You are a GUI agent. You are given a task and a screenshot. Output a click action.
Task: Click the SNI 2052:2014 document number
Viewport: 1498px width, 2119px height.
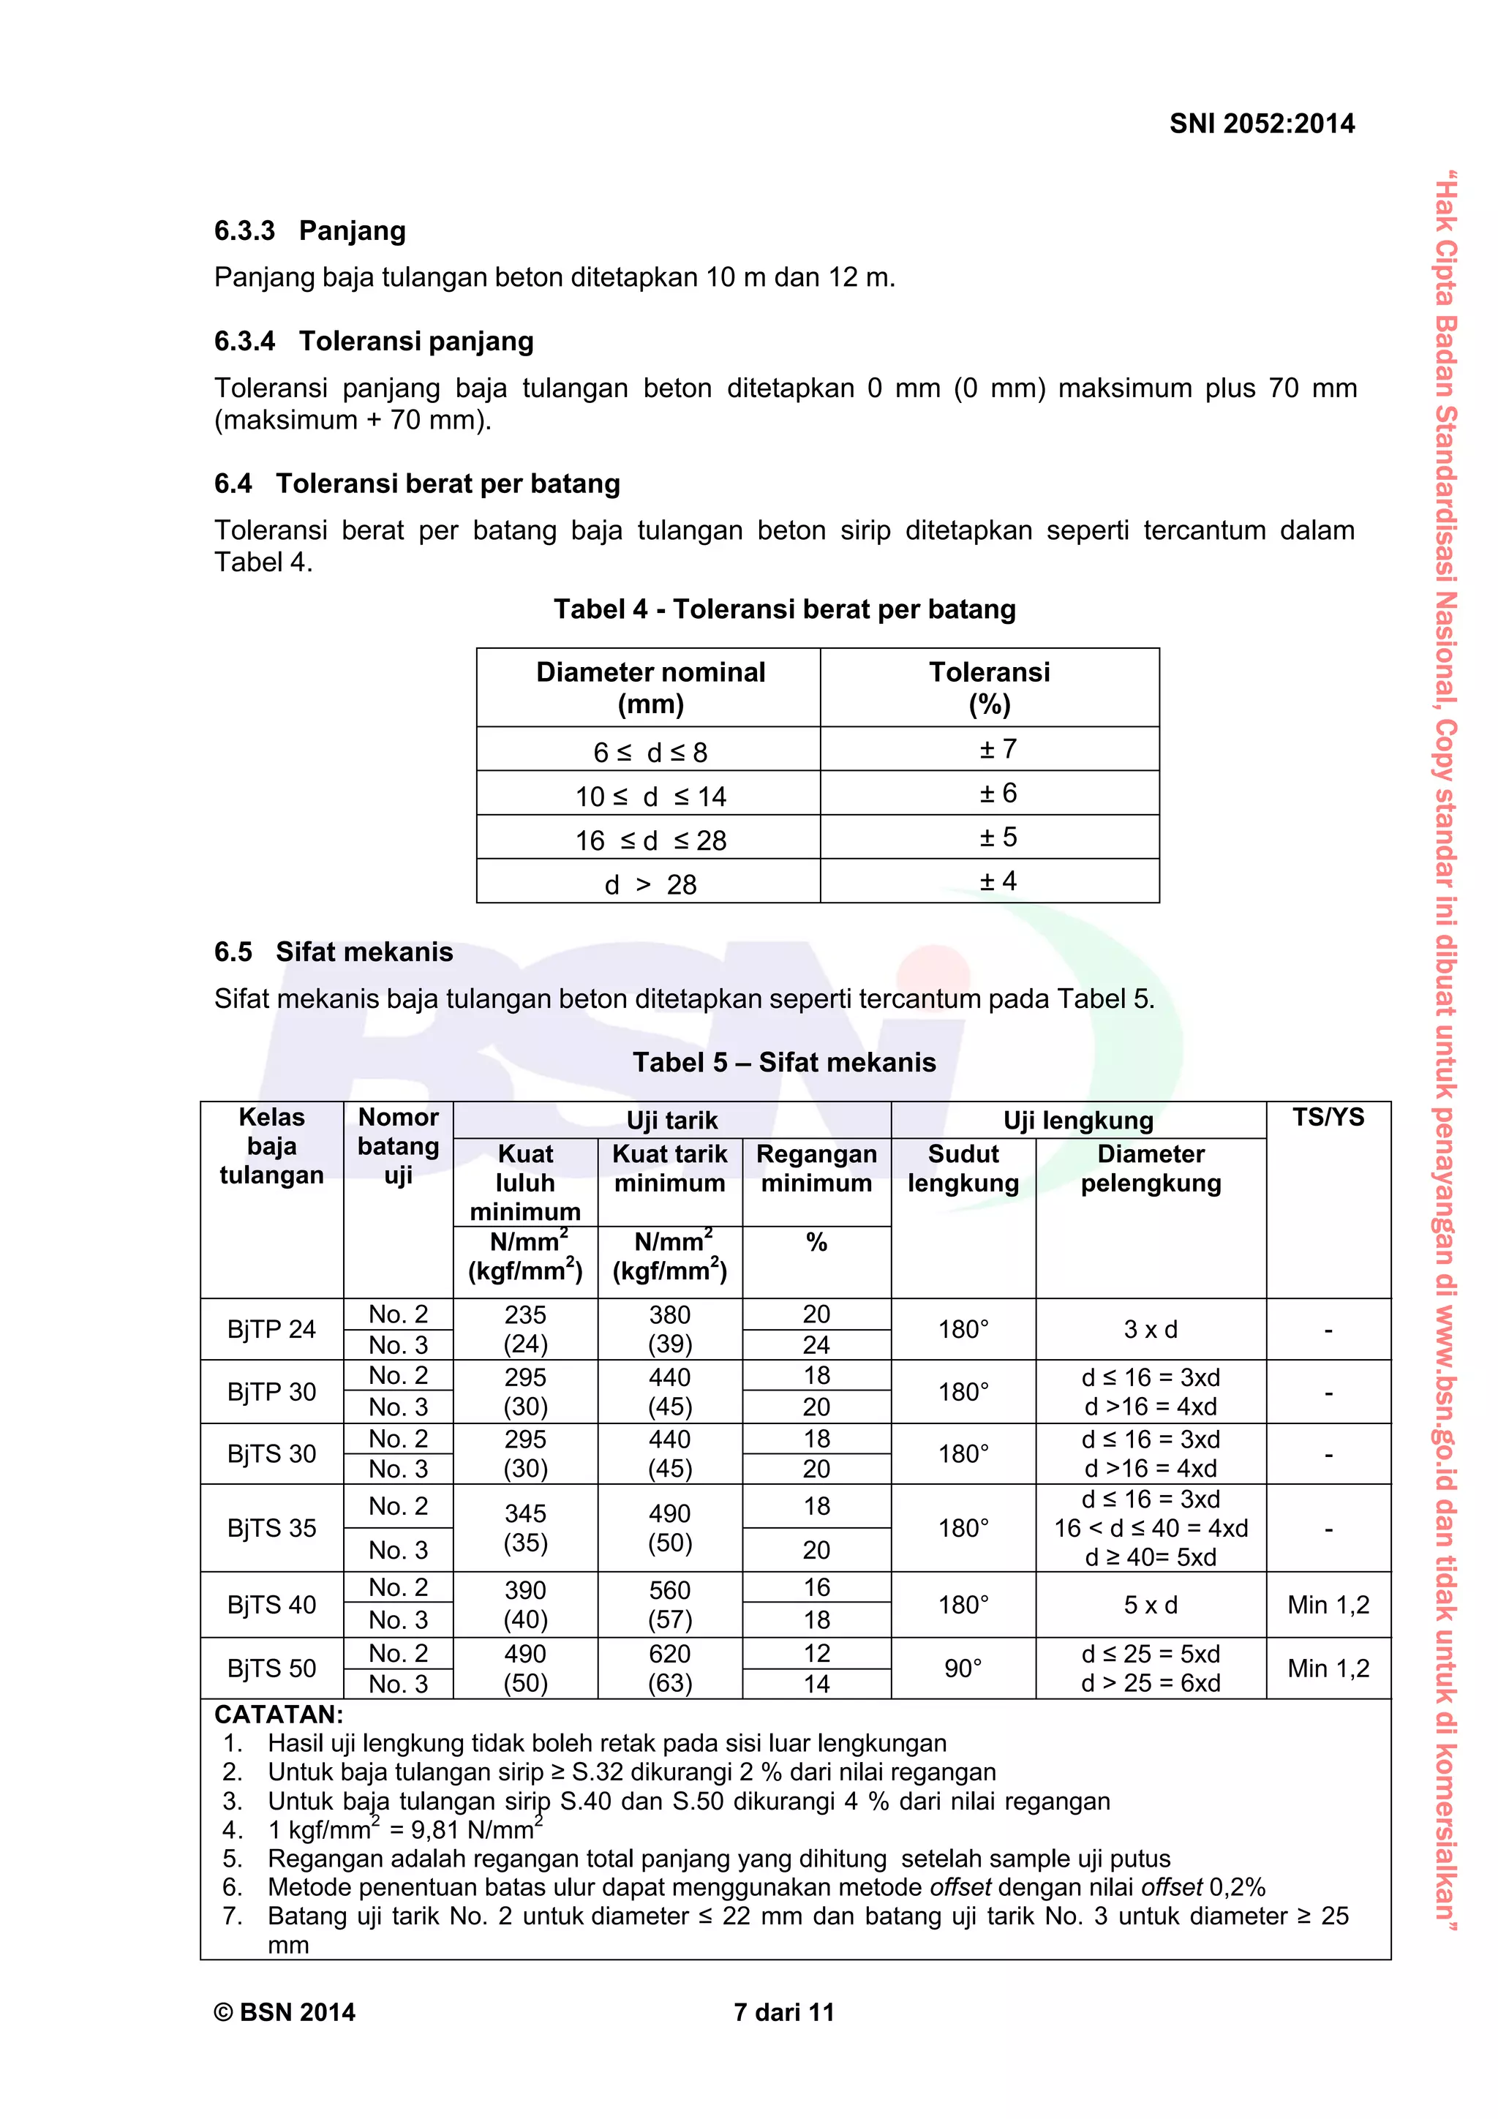pos(1261,124)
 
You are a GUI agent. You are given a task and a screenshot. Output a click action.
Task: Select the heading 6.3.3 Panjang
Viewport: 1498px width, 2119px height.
pos(310,230)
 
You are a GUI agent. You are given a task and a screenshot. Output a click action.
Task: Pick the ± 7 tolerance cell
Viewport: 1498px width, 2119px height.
pos(998,750)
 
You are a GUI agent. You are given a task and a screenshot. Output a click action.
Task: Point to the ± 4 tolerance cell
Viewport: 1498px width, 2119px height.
pos(998,881)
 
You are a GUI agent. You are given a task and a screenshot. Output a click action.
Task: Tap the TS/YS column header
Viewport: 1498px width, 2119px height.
pos(1328,1118)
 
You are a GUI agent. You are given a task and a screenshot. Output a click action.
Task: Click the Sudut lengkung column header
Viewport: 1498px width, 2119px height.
pos(963,1168)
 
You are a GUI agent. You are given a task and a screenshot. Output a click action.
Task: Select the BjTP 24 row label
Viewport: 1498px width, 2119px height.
pos(271,1329)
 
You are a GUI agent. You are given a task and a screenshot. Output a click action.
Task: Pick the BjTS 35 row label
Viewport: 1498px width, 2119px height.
pos(271,1527)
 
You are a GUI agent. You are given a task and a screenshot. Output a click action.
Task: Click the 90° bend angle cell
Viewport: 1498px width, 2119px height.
pos(963,1668)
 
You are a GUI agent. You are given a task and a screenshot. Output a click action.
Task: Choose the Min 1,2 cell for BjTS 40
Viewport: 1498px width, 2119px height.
pos(1328,1604)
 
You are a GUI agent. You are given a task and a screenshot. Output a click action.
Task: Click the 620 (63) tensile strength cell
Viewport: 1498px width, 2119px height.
pos(669,1668)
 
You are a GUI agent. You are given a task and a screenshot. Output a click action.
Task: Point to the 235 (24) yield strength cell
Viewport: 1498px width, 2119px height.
pos(525,1329)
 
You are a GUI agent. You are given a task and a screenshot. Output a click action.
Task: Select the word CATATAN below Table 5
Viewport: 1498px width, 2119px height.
pos(279,1715)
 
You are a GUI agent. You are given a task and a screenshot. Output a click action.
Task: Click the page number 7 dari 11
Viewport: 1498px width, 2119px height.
pos(783,2012)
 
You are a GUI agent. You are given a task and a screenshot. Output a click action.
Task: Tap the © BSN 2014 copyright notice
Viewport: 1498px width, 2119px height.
pos(285,2012)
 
